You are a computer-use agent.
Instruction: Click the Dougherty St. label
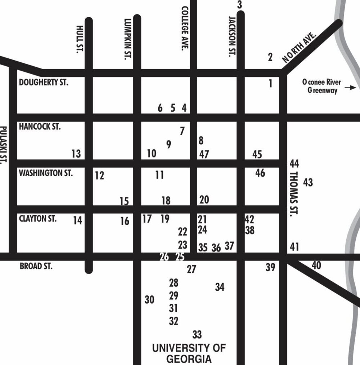tap(44, 83)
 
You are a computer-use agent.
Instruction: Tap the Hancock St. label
tap(40, 127)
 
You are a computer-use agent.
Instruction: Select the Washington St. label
tap(46, 173)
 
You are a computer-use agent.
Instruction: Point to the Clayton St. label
tap(37, 219)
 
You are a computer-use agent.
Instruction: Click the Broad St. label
tap(36, 267)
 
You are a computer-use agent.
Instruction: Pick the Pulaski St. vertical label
tap(4, 145)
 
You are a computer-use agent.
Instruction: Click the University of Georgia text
tap(189, 353)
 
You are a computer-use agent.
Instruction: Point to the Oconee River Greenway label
tap(322, 86)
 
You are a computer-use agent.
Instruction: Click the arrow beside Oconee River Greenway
tap(351, 87)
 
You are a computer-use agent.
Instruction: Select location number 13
tap(76, 154)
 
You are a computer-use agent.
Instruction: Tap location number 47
tap(204, 155)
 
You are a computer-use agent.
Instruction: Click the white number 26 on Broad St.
tap(164, 257)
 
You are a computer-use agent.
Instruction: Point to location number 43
tap(308, 183)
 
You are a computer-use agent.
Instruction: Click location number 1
tap(271, 84)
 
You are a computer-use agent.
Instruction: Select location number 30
tap(149, 299)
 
